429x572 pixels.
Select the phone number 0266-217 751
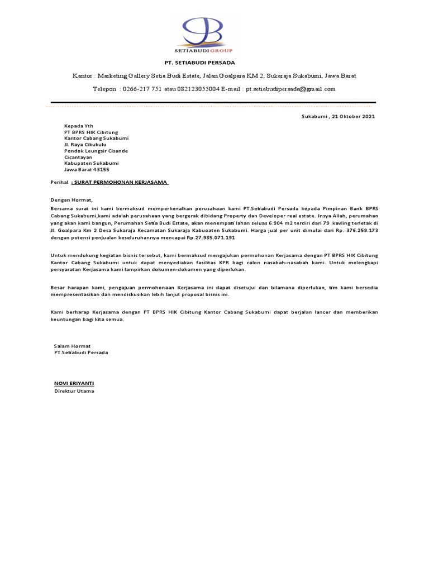point(142,89)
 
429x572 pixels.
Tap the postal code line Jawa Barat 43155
point(87,169)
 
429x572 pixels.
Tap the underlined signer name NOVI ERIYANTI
point(74,383)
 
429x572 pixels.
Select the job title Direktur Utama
point(74,391)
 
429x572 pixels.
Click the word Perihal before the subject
point(59,182)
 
